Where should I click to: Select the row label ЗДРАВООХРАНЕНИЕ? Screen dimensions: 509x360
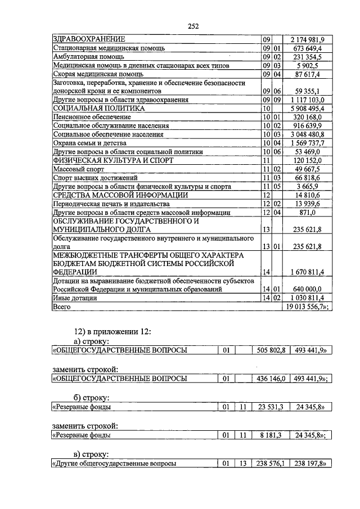coord(88,39)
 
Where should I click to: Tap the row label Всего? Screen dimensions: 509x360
coord(61,307)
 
